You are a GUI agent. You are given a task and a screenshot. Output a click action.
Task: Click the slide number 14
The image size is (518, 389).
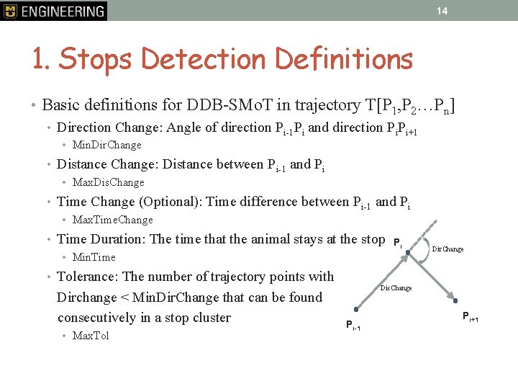(x=442, y=11)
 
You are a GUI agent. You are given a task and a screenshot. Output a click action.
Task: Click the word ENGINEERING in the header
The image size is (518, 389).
(x=63, y=11)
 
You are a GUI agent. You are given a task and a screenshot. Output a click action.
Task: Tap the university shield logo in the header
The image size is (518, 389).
(x=10, y=11)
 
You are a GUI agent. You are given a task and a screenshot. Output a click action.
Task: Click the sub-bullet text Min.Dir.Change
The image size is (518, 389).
(x=107, y=145)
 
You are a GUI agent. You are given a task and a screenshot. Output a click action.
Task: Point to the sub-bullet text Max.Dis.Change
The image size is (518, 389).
(x=109, y=182)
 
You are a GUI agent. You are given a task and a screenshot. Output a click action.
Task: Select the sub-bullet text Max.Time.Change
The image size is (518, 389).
(x=113, y=220)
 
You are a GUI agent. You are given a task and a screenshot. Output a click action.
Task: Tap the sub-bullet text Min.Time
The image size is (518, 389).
(x=94, y=257)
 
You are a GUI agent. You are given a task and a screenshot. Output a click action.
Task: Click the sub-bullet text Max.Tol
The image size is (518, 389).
(x=91, y=336)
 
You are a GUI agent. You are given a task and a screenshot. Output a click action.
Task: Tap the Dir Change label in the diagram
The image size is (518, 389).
(x=447, y=249)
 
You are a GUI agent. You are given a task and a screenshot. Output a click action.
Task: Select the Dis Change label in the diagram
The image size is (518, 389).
(x=396, y=288)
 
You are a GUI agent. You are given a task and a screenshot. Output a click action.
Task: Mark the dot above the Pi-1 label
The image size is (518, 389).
(x=355, y=309)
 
